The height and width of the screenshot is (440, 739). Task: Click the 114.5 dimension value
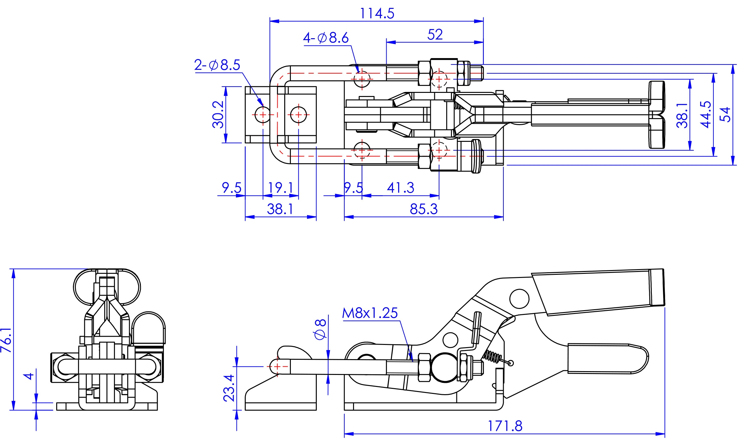pos(377,14)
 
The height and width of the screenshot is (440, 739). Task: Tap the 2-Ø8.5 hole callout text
pos(217,65)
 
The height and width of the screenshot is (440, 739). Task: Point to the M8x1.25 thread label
pos(370,313)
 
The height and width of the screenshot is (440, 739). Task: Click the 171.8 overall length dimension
pos(505,426)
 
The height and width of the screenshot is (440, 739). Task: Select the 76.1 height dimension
pos(6,340)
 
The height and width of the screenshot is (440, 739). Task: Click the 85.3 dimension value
pos(424,209)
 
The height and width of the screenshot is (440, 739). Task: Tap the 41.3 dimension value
pos(400,188)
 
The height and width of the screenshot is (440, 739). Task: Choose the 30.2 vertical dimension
pos(218,114)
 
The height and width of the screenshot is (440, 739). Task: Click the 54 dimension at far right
pos(725,114)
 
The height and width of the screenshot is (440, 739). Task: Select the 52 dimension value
pos(435,34)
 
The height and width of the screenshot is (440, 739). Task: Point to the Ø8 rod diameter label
pos(320,329)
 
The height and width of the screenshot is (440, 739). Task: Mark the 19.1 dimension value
pos(280,188)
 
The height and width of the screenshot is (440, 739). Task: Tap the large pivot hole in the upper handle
pos(519,298)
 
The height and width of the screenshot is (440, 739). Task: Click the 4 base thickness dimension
pos(29,376)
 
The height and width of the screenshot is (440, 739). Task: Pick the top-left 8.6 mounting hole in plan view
pos(362,79)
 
